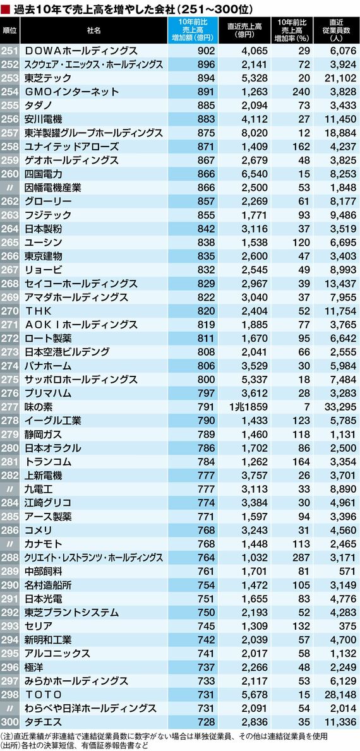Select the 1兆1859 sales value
point(245,407)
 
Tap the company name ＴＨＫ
point(41,311)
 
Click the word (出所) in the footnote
point(9,746)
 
